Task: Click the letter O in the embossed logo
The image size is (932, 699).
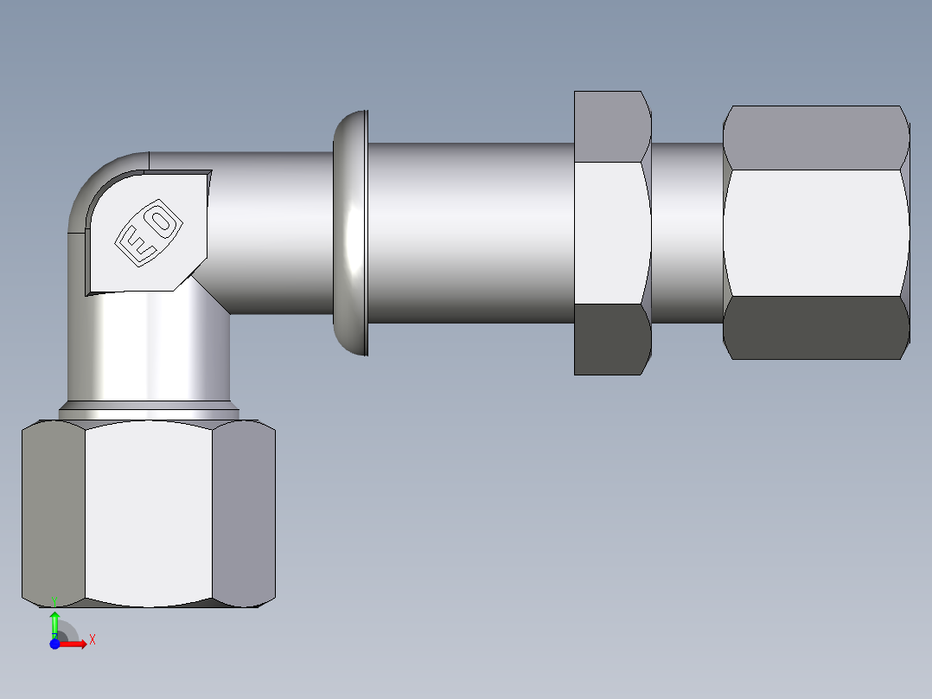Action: (163, 221)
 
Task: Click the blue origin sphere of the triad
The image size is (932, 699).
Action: (54, 644)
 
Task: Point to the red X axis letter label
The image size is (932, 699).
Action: (92, 639)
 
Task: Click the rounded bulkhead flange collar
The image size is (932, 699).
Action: (350, 233)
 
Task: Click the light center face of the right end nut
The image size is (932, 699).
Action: (815, 233)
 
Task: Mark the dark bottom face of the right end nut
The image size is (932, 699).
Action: (815, 328)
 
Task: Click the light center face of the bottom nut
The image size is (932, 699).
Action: (149, 513)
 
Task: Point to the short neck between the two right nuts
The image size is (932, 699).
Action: (686, 233)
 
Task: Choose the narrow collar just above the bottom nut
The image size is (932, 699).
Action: (149, 411)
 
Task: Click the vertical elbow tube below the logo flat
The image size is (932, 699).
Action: (149, 346)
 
